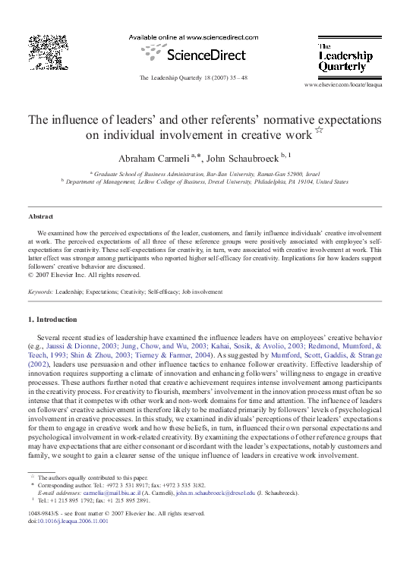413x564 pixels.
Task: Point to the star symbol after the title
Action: (x=319, y=131)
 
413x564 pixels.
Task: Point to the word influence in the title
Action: (x=87, y=120)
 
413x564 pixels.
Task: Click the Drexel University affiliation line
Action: (x=207, y=182)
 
